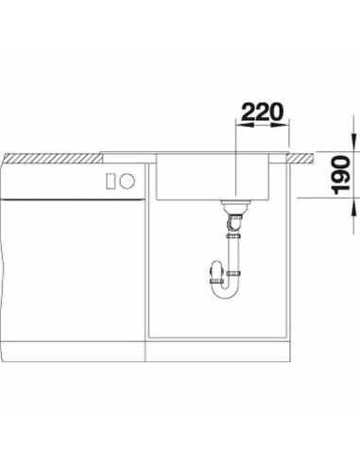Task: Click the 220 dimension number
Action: (x=263, y=112)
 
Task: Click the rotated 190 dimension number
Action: (x=340, y=176)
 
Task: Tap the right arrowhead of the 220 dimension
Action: (x=281, y=126)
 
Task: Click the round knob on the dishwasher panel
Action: (x=128, y=181)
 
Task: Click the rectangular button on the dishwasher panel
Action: (x=111, y=181)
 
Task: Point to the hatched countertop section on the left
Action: (x=54, y=158)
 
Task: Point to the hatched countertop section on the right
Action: (x=300, y=158)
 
